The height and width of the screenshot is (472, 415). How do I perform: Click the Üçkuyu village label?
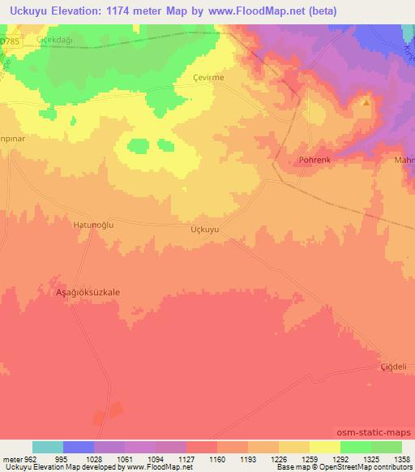tap(204, 230)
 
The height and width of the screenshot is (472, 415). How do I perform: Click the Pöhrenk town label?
tap(314, 160)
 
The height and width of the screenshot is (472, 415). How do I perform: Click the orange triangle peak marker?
tap(366, 103)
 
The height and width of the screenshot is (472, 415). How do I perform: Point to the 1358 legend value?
tap(397, 458)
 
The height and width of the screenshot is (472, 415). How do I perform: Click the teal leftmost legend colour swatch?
tap(48, 447)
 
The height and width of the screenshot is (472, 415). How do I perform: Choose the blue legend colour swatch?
tap(79, 447)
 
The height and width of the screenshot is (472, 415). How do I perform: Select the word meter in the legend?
tap(10, 458)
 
